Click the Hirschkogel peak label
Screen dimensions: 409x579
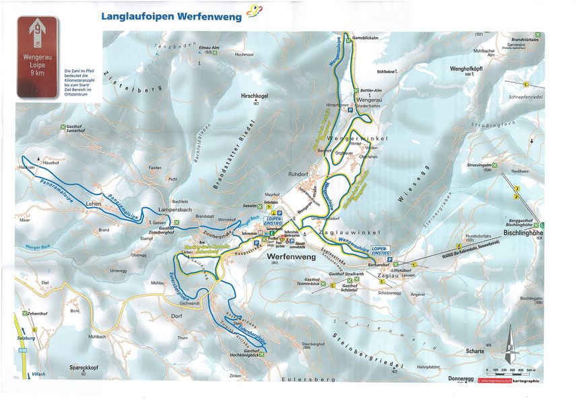(254, 97)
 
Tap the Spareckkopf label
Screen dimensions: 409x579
(81, 368)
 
